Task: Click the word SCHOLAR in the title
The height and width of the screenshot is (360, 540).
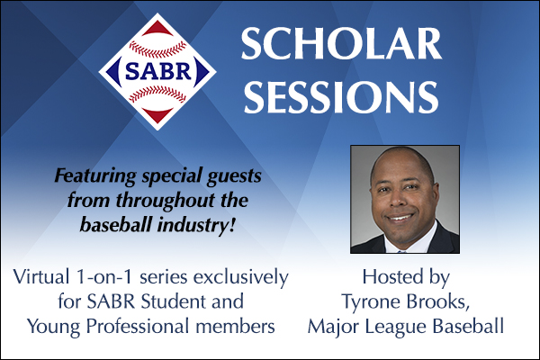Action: tap(341, 43)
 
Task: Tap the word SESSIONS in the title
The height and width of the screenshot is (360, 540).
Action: tap(341, 96)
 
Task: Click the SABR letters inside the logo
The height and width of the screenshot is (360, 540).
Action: tap(158, 71)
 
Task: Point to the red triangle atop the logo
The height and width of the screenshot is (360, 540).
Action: tap(157, 29)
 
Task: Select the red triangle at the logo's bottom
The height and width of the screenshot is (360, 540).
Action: tap(157, 115)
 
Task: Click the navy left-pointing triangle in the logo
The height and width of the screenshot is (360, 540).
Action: tap(113, 72)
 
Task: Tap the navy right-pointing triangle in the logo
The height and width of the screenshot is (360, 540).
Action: tap(202, 72)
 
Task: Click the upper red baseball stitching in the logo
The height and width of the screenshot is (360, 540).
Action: tap(157, 49)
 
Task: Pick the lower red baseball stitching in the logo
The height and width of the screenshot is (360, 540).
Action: tap(157, 94)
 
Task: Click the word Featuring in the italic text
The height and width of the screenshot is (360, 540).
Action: tap(95, 176)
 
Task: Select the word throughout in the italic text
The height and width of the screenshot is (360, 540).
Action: tap(165, 201)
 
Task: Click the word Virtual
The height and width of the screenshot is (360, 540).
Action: tap(41, 276)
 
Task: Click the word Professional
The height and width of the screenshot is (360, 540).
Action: tap(138, 326)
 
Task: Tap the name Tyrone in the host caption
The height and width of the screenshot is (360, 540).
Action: tap(371, 302)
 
